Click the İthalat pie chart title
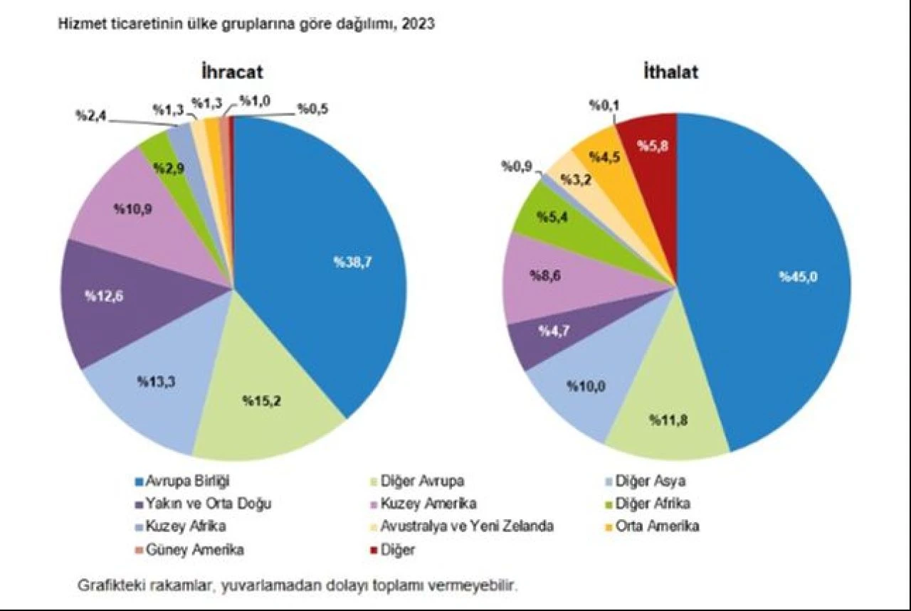tap(670, 72)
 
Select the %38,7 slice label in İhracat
tap(353, 261)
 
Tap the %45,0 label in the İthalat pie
tap(798, 277)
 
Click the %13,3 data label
tap(157, 381)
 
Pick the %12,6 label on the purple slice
tap(105, 295)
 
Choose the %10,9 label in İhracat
tap(132, 210)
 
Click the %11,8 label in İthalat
tap(667, 420)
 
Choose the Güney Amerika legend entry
tap(191, 549)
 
